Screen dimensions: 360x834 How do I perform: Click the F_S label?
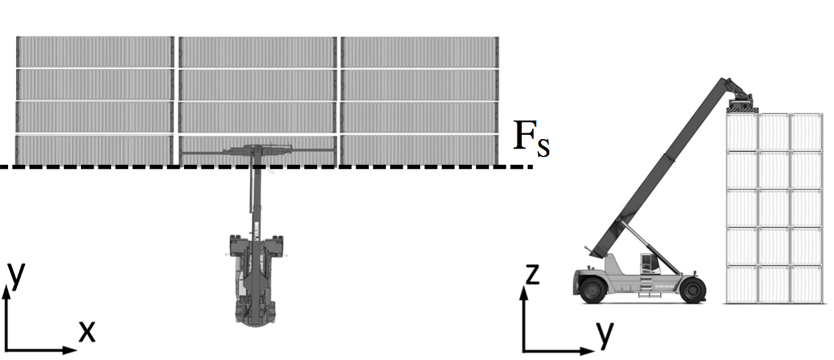(x=531, y=139)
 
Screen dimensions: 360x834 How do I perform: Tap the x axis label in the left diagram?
(x=87, y=331)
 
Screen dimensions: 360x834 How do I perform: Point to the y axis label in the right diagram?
(x=604, y=333)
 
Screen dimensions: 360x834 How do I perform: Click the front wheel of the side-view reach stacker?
(x=693, y=290)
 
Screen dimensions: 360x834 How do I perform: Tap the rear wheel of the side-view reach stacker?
(x=592, y=290)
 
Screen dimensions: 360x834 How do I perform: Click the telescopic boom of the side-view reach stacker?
(x=664, y=164)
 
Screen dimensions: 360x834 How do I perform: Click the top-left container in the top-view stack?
(x=94, y=52)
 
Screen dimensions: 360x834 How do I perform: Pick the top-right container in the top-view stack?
(x=419, y=52)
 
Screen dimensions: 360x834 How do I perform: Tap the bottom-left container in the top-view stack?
(x=94, y=150)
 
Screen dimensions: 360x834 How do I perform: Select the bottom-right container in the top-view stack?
(x=419, y=150)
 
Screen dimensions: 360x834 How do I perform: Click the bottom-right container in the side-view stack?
(x=806, y=284)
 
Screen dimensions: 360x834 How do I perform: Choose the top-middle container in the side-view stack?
(x=774, y=132)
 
